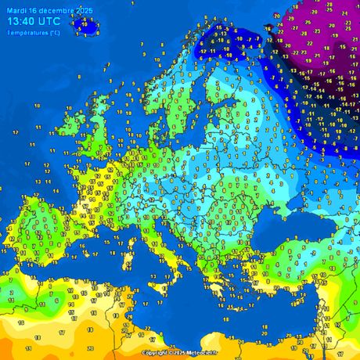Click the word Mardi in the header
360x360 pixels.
(15, 10)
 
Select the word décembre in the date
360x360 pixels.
(56, 10)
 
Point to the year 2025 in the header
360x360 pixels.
(83, 10)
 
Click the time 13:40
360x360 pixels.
(20, 22)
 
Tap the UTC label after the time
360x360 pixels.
(51, 22)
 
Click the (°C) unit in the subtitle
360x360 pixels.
(53, 33)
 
